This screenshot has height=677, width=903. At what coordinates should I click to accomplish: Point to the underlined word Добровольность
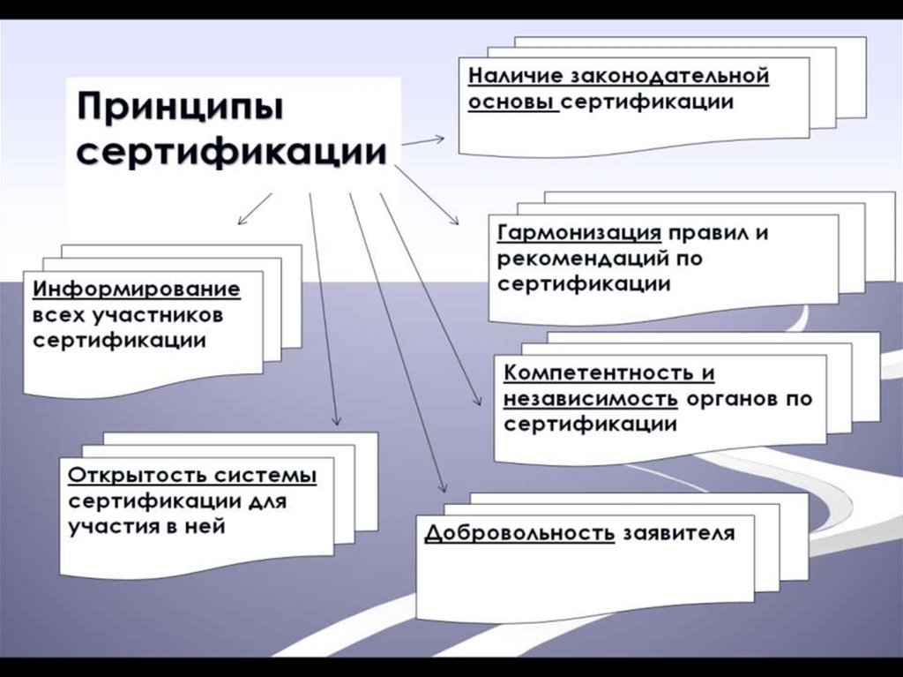coord(519,534)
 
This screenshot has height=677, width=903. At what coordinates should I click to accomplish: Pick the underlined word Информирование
coord(137,289)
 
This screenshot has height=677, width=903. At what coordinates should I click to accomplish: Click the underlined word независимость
coord(591,398)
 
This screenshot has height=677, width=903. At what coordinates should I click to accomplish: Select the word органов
coord(730,398)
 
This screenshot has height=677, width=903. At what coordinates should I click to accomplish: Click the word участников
coord(168,314)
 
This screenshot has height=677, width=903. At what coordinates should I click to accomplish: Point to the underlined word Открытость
coord(137,475)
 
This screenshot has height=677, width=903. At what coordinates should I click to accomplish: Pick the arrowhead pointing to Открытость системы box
coord(335,424)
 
